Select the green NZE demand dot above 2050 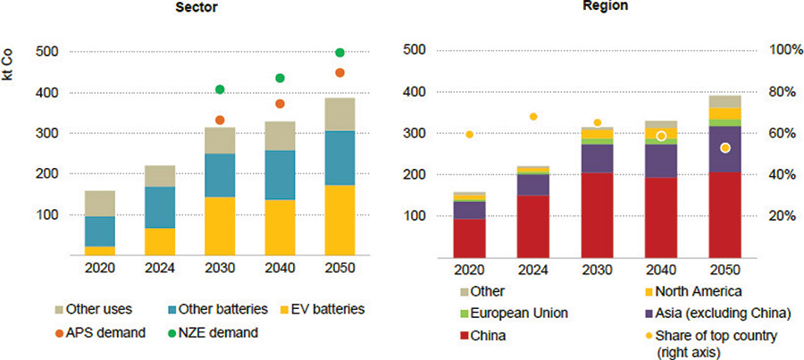click(x=339, y=53)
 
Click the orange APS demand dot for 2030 click(x=220, y=120)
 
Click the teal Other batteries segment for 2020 click(x=100, y=230)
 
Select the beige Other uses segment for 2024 click(x=160, y=176)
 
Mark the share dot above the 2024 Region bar click(x=533, y=116)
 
